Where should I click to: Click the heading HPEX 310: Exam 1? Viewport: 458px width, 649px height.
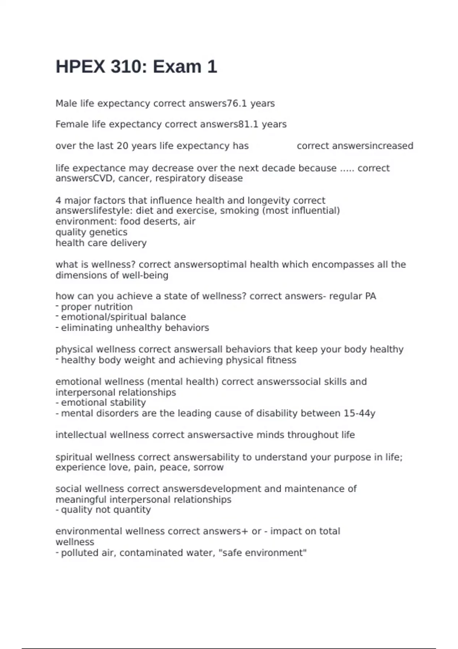tap(136, 67)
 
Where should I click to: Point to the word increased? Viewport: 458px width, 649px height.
tap(392, 146)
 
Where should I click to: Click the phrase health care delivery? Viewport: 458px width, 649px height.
tap(101, 243)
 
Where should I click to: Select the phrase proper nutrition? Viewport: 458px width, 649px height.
tap(97, 307)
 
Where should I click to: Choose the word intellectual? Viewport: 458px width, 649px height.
tap(81, 435)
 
